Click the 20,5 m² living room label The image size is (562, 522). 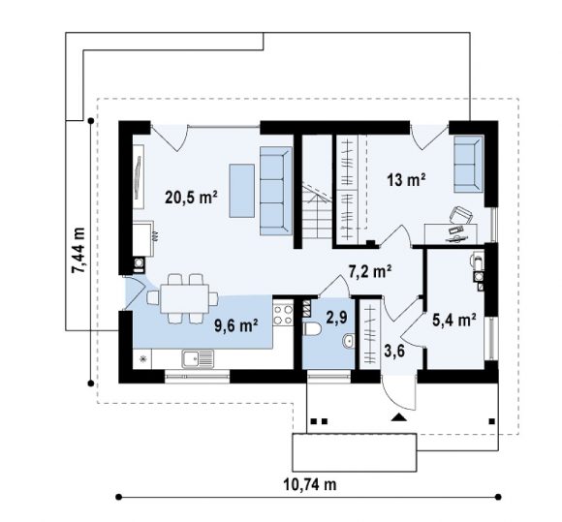coord(191,197)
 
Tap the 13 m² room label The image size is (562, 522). coord(406,179)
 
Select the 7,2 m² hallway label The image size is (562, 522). coord(369,271)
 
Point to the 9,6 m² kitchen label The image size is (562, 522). coord(235,325)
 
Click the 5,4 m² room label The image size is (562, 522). coord(454,320)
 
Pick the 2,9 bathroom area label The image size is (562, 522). coord(336,317)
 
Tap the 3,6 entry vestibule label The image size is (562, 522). coord(394,352)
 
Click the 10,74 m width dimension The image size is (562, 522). coord(310,485)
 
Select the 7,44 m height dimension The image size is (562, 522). coord(78,251)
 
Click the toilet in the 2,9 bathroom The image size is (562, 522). coord(312,329)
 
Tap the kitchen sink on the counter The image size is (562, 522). coord(198,359)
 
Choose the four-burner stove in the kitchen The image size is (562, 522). coord(283,314)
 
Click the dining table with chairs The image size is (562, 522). coord(183,298)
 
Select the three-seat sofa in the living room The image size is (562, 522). coord(275,191)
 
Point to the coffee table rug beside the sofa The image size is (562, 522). coord(242,191)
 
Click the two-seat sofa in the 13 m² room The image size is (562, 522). coord(468,164)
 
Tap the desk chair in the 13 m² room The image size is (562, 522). coord(460,215)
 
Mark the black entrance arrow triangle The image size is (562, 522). coord(398,417)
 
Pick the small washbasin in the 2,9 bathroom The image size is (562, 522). coord(349,341)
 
